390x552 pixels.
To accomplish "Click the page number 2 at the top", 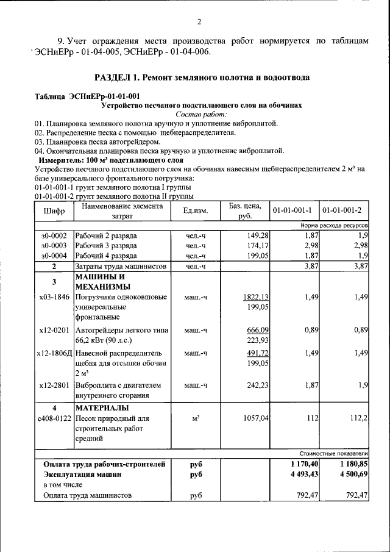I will [x=199, y=23].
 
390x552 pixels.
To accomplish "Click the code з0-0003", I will [x=54, y=245].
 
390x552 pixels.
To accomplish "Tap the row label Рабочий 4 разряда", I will [x=105, y=256].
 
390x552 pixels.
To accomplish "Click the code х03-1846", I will [x=54, y=297].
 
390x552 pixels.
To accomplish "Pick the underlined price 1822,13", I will [x=256, y=297].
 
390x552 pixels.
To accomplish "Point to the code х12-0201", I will [x=54, y=330].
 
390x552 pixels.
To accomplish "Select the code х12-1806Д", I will [x=54, y=353].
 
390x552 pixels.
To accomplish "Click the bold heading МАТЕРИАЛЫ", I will [x=102, y=407].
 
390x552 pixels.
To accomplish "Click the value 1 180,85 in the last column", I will [x=350, y=464].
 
